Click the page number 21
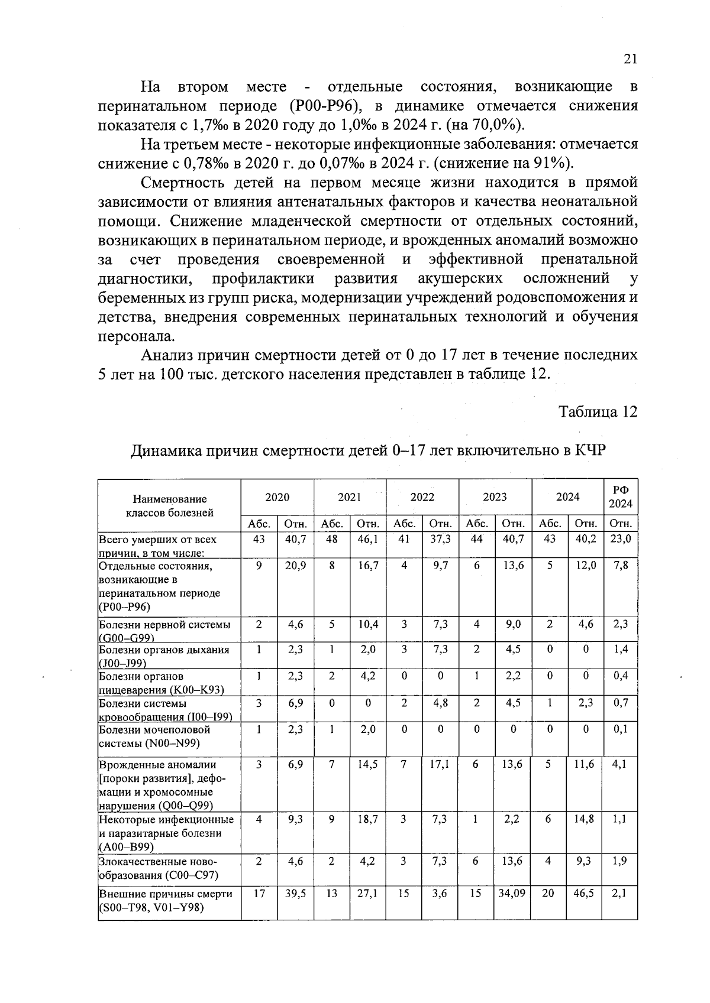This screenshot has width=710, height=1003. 629,59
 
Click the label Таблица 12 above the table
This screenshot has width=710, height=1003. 598,412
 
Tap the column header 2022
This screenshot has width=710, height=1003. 422,497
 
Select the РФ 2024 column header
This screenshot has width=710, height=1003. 621,497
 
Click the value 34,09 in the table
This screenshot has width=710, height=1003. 512,894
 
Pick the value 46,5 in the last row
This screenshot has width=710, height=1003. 585,894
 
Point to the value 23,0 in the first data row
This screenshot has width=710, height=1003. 621,539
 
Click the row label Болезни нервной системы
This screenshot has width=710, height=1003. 164,625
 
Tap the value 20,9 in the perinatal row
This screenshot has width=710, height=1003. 295,566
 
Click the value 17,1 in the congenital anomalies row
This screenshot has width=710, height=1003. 440,764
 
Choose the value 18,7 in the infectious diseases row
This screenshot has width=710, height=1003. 367,819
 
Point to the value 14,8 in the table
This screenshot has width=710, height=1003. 585,819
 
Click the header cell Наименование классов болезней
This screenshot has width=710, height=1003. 169,506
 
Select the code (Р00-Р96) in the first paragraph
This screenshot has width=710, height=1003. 325,106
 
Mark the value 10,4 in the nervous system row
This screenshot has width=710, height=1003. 367,624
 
